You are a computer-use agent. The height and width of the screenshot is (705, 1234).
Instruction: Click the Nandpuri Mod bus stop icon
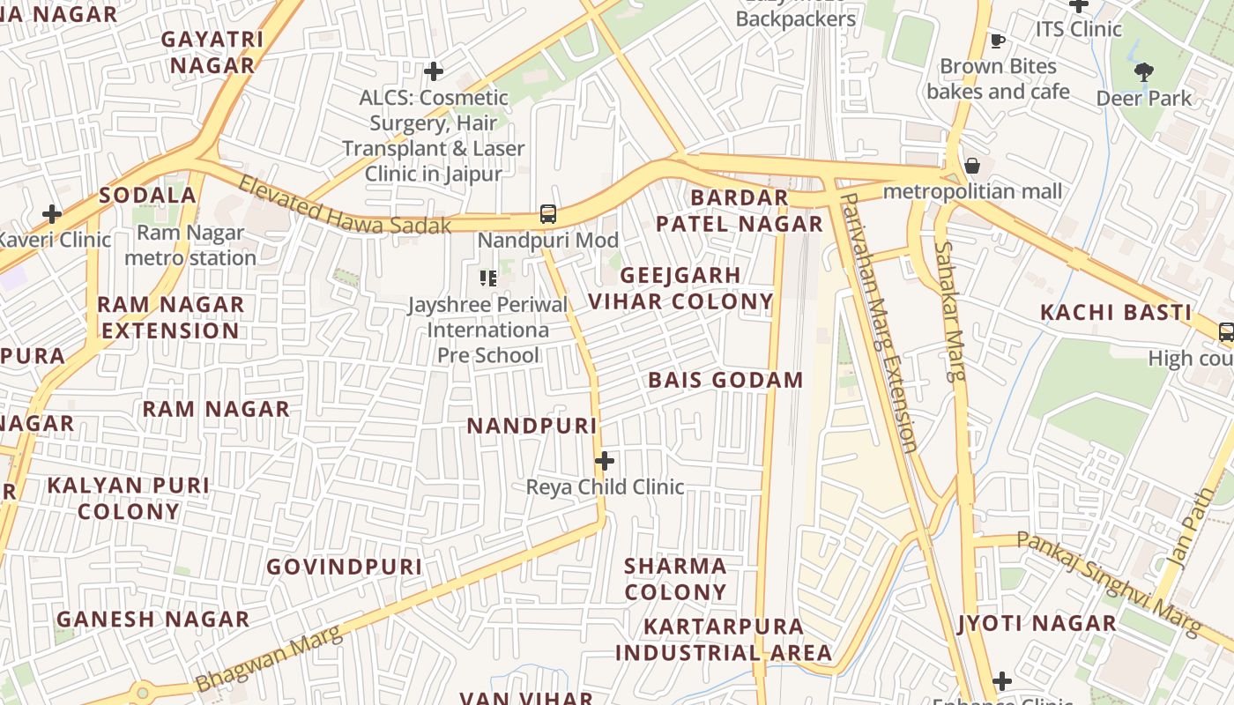pos(547,213)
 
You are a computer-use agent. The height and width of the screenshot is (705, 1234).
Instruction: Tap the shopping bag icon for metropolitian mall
pos(971,166)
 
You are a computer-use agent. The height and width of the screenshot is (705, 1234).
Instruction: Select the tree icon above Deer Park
pos(1143,72)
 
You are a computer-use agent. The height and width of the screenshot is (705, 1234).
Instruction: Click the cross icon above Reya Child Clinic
pos(605,461)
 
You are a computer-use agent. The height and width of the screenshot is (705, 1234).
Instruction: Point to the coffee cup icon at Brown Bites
pos(997,41)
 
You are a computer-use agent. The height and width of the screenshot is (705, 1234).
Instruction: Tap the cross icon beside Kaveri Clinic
pos(52,213)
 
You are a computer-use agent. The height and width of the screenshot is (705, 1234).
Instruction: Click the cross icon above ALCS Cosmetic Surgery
pos(433,71)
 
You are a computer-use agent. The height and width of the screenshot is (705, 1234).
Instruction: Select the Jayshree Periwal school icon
pos(487,278)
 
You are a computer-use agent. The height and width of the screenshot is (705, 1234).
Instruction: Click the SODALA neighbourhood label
pos(147,196)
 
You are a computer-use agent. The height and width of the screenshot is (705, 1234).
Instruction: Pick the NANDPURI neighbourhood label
pos(532,427)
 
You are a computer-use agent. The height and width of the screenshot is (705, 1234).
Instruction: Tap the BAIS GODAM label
pos(725,381)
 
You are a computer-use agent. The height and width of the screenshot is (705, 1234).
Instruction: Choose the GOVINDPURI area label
pos(345,567)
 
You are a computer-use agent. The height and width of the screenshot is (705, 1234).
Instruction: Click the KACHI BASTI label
pos(1116,313)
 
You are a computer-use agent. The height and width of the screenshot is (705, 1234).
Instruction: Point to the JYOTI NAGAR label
pos(1037,624)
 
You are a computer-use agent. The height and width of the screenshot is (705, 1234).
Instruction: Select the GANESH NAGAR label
pos(153,620)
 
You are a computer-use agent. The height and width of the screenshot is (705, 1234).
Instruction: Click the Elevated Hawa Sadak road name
pos(345,206)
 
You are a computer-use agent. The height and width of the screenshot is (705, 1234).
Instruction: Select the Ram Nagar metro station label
pos(190,245)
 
